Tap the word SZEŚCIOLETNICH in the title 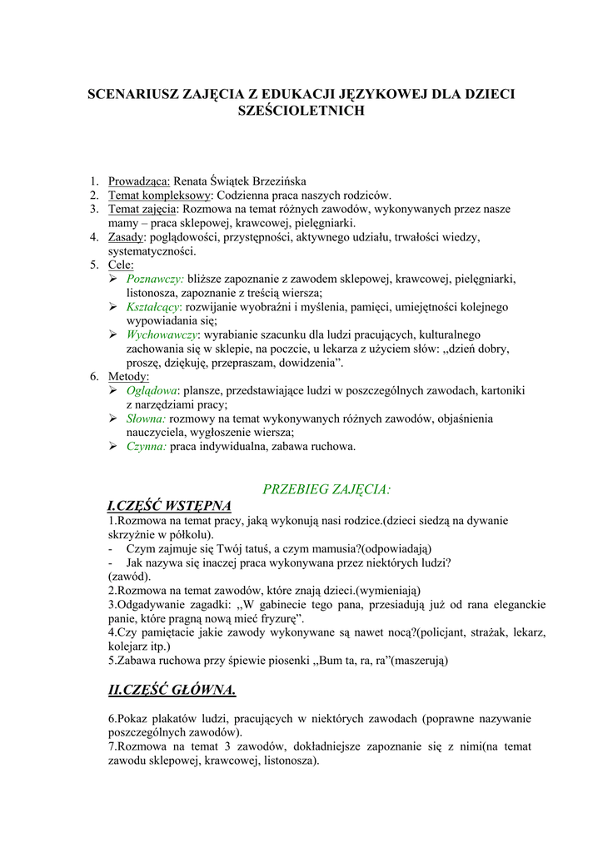coord(301,111)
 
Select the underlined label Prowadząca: coord(139,181)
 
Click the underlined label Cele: coord(121,265)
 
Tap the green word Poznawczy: coord(155,279)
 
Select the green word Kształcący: coord(156,307)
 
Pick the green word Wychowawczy coord(162,334)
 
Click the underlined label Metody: coord(129,376)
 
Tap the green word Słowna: coord(146,419)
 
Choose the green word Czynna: coord(147,447)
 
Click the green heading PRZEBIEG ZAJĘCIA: coord(326,488)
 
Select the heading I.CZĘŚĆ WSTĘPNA coord(170,506)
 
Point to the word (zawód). coord(130,576)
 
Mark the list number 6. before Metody coord(95,376)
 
